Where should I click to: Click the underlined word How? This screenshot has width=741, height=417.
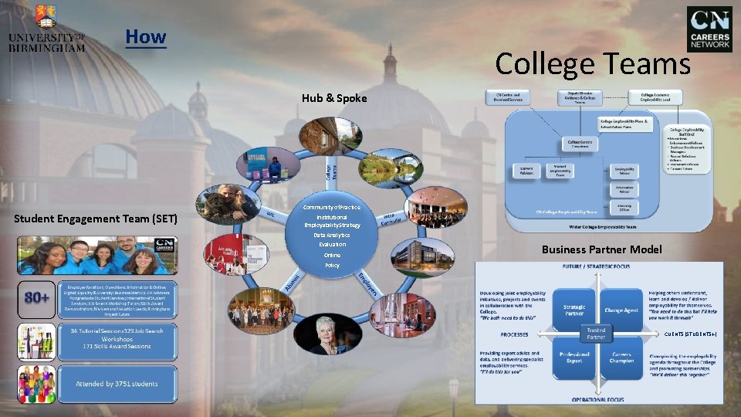[x=145, y=36]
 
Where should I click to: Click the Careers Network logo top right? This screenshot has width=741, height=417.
[x=709, y=29]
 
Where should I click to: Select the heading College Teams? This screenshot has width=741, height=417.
[x=592, y=63]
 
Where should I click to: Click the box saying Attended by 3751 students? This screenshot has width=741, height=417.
[x=117, y=384]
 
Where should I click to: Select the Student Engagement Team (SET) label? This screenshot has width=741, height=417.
[x=96, y=219]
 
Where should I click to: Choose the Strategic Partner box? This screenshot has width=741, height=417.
[x=574, y=309]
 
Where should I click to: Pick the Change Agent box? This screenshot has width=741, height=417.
[x=622, y=309]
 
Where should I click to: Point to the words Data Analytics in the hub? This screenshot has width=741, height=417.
[x=331, y=235]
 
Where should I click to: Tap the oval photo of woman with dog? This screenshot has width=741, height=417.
[x=228, y=205]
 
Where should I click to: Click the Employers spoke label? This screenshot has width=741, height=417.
[x=367, y=287]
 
